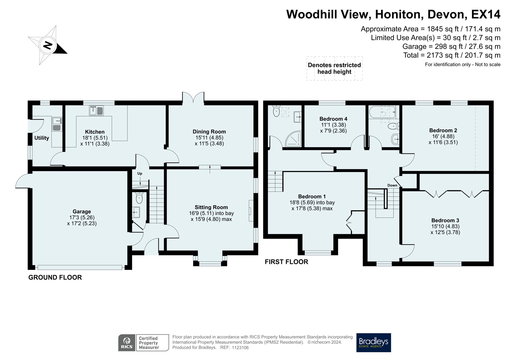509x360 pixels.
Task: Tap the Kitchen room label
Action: pos(95,132)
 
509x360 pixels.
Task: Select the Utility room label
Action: pos(42,138)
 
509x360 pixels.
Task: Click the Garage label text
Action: pos(82,211)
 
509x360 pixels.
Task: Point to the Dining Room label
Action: pos(209,132)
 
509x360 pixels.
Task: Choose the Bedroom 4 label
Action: pos(333,119)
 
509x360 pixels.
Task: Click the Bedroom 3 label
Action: pos(445,220)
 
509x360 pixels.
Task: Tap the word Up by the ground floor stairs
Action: pos(140,174)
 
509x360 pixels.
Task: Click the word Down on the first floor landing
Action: pos(392,185)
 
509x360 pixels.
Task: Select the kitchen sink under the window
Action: pos(96,111)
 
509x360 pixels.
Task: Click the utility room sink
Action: pos(57,124)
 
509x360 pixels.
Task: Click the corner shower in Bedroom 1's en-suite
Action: pos(293,138)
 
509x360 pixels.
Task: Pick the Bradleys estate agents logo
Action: pos(374,342)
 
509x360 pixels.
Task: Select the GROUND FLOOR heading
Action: pos(55,277)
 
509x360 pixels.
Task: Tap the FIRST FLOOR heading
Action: pos(287,262)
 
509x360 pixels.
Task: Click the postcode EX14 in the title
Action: pos(486,14)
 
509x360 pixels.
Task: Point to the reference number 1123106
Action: pos(240,348)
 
